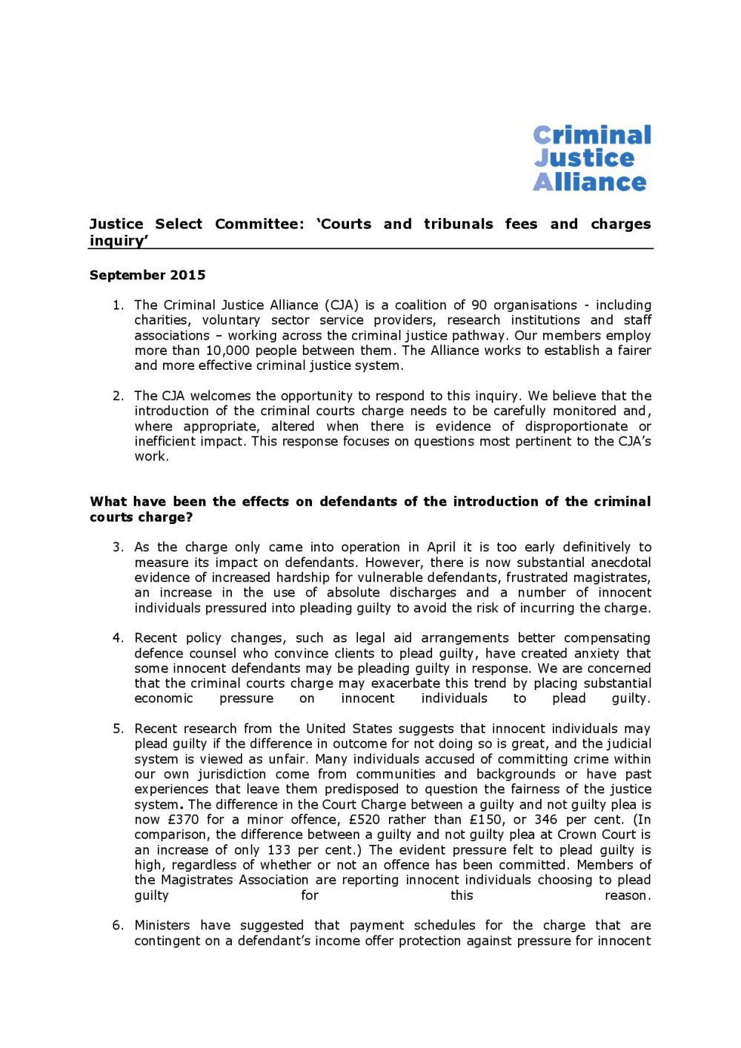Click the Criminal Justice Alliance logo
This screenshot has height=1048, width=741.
click(591, 159)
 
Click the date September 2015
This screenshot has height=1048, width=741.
click(147, 275)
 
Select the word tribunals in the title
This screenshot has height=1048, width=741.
click(458, 224)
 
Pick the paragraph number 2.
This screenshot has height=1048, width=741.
click(118, 396)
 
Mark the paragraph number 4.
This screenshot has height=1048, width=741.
click(118, 638)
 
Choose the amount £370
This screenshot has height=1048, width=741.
click(184, 820)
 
